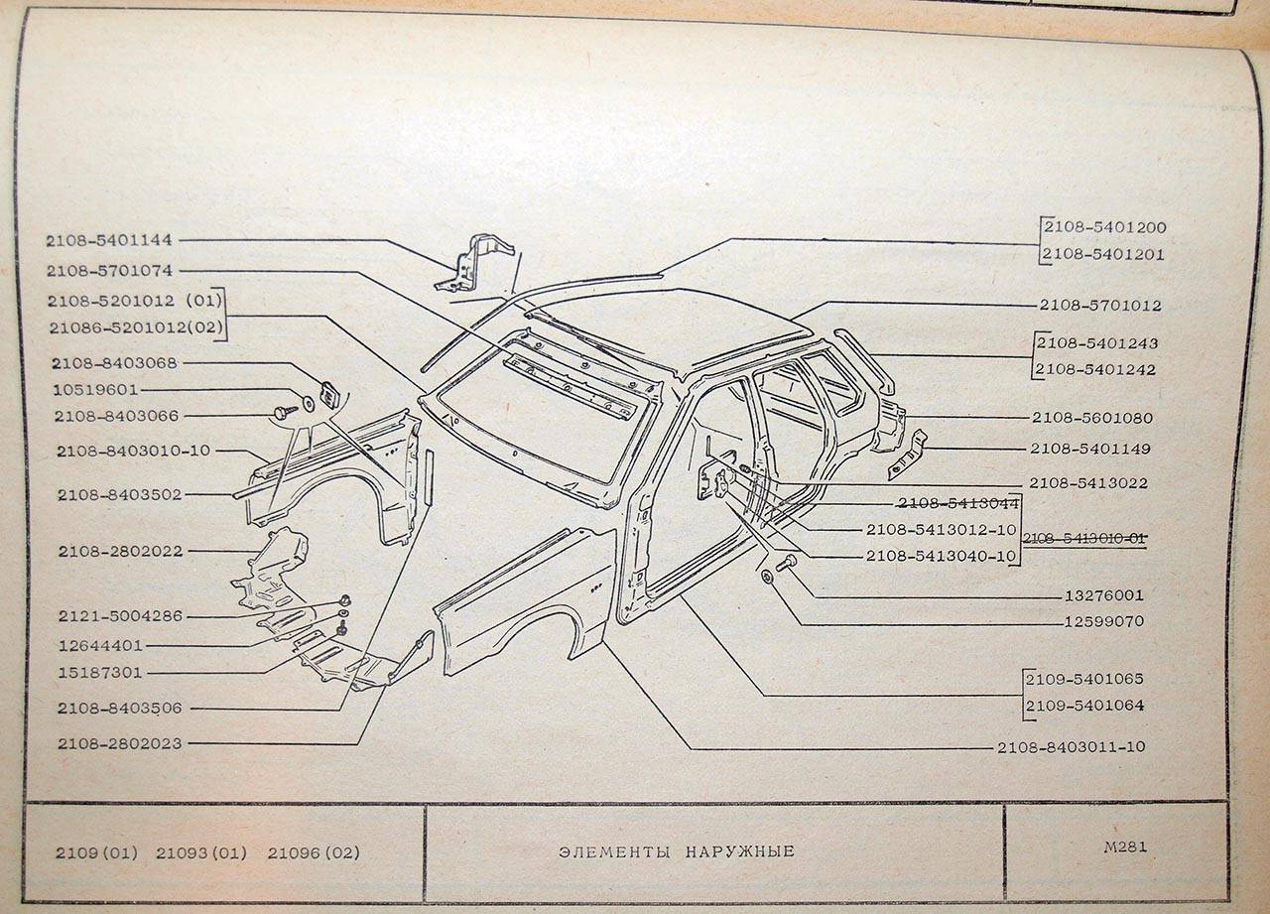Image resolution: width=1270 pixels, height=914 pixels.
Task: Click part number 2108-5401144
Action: (x=108, y=240)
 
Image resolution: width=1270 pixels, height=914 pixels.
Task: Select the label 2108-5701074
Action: (x=108, y=270)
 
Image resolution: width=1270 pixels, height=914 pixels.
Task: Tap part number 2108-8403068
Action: (x=116, y=363)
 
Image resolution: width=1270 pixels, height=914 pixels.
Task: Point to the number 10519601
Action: (x=96, y=390)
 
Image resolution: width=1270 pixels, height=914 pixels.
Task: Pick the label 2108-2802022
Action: (x=120, y=551)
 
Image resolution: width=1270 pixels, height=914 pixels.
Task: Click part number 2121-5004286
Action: (x=120, y=616)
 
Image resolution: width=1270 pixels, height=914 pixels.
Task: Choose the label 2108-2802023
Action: (x=119, y=743)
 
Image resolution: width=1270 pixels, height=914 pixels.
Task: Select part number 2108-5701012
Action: (x=1100, y=306)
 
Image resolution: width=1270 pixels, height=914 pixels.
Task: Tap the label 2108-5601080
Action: (x=1092, y=418)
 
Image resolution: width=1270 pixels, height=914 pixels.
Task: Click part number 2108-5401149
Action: (x=1089, y=449)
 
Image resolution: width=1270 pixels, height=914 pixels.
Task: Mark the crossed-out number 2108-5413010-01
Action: (x=1084, y=538)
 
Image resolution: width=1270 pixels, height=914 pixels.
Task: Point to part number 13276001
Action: (x=1102, y=596)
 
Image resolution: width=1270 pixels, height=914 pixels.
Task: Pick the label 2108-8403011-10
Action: (x=1072, y=747)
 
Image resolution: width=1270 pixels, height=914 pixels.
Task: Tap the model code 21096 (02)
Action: (x=314, y=853)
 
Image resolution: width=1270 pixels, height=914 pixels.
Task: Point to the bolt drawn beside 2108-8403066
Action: (x=284, y=411)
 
